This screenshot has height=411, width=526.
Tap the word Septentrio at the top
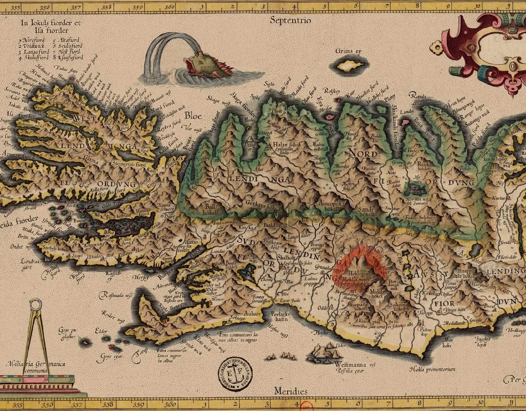point(291,21)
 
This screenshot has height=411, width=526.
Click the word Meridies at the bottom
point(291,392)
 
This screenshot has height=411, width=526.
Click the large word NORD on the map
point(363,154)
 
